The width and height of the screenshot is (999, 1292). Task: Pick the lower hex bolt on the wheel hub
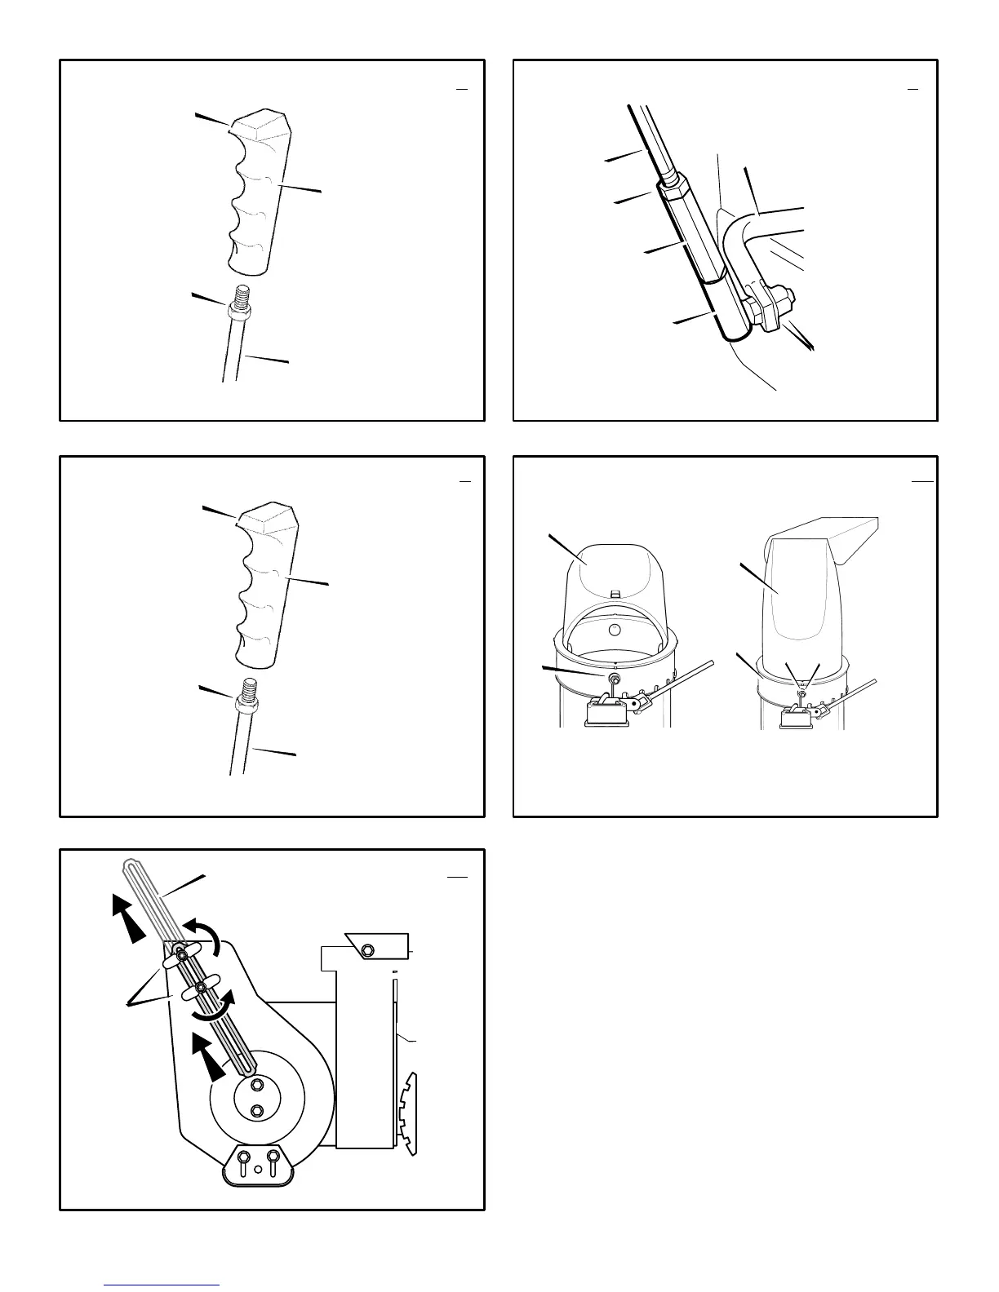tap(258, 1110)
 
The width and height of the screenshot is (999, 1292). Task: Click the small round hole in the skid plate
tap(258, 1169)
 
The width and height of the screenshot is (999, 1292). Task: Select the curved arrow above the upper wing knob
tap(202, 936)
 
